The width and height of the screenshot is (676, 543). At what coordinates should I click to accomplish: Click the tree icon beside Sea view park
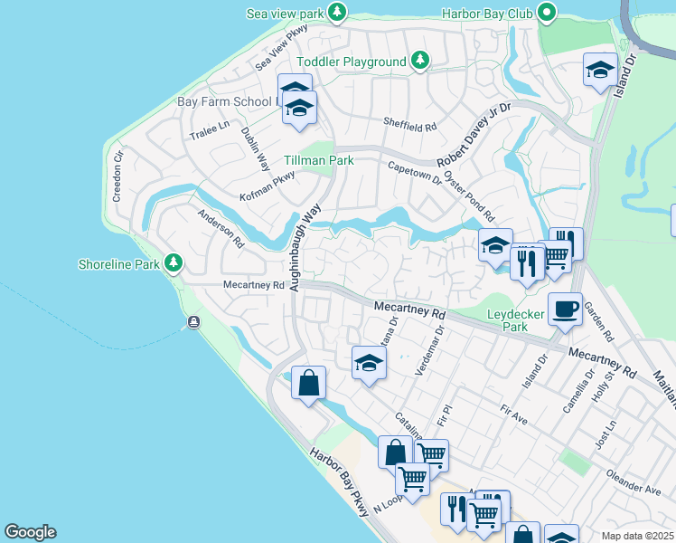tap(337, 12)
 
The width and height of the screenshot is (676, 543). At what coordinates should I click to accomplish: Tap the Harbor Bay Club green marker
tap(547, 13)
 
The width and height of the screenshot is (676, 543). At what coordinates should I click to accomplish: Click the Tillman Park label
tap(318, 160)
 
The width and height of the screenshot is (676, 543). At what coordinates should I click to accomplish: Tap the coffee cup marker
tap(566, 309)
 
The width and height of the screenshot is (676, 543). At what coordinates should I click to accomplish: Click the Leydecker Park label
tap(516, 320)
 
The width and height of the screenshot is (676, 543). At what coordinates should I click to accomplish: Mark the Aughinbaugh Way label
tap(305, 247)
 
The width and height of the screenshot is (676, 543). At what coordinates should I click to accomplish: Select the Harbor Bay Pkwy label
tap(340, 482)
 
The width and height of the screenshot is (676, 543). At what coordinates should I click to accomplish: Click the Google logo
tap(30, 532)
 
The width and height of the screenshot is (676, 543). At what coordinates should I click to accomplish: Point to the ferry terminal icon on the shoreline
tap(193, 323)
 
